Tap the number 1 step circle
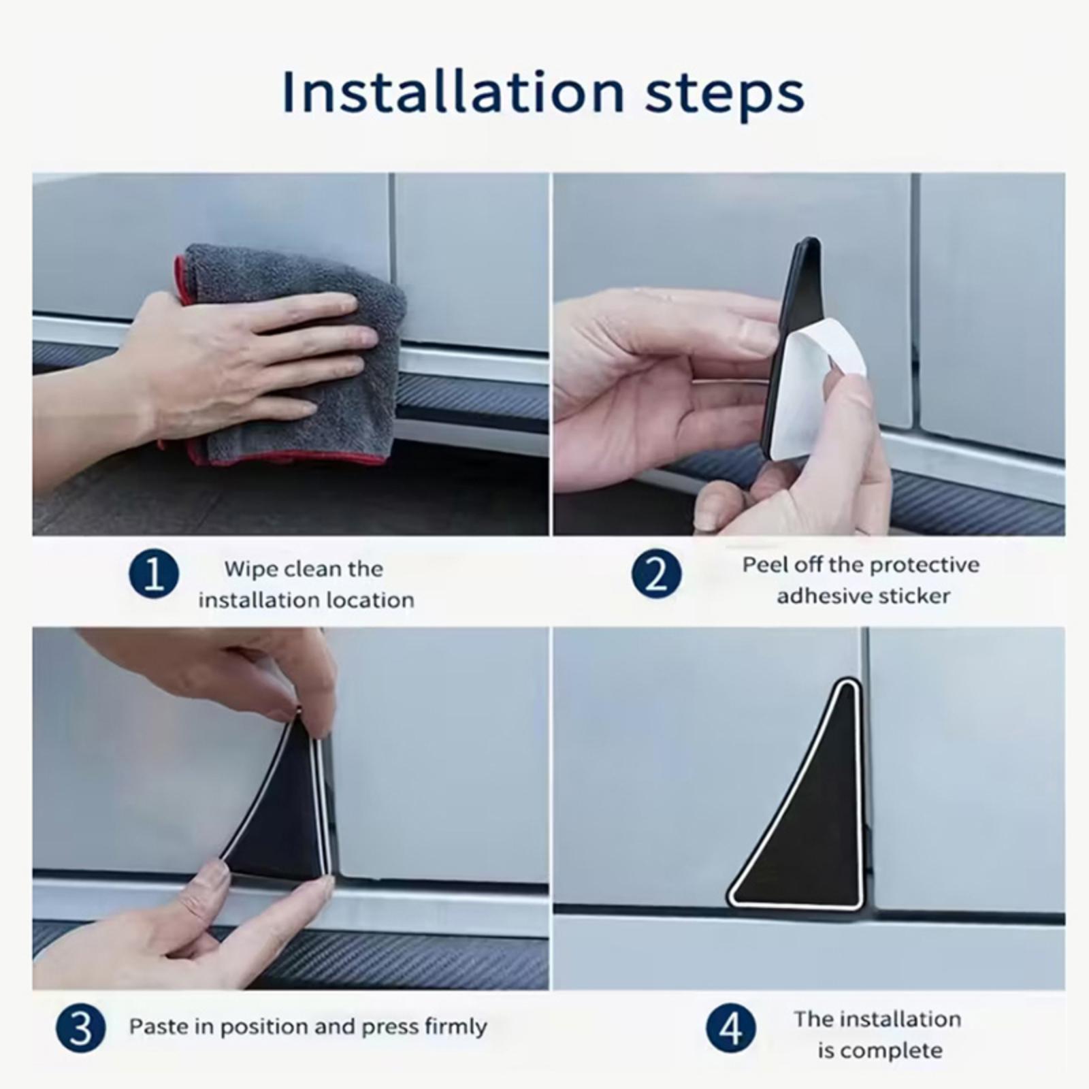coord(154,574)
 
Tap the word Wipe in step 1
coord(248,569)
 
